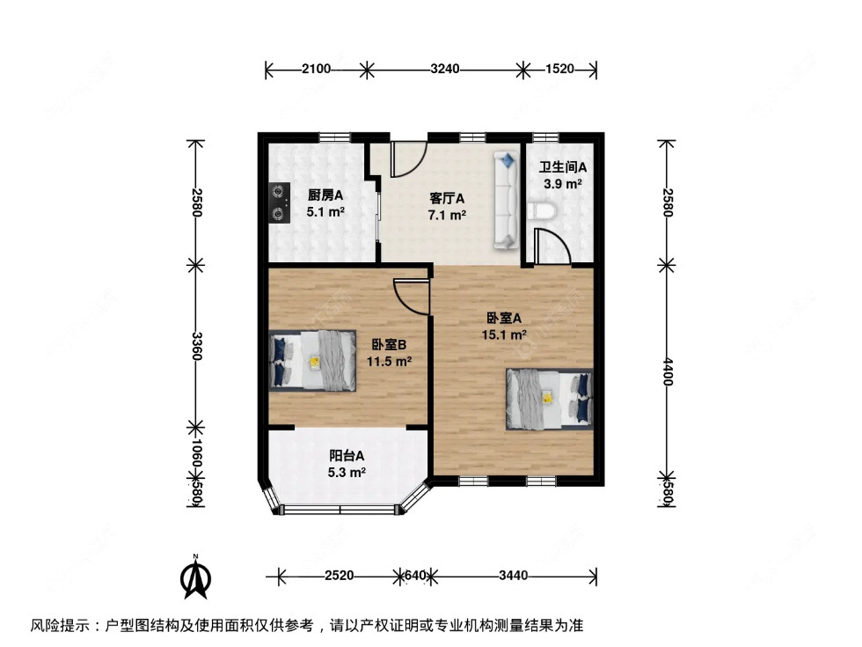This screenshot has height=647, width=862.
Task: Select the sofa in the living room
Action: pyautogui.click(x=506, y=200)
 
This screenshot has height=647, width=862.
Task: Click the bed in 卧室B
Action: pyautogui.click(x=312, y=360)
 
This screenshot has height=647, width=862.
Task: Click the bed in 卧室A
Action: pyautogui.click(x=548, y=398)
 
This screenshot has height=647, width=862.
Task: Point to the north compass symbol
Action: pyautogui.click(x=195, y=577)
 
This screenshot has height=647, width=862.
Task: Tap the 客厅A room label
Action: pyautogui.click(x=446, y=198)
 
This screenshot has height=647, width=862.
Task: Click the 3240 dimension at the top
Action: pyautogui.click(x=445, y=69)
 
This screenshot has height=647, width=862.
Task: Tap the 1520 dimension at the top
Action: pyautogui.click(x=559, y=69)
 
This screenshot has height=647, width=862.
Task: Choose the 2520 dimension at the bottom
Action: pyautogui.click(x=339, y=577)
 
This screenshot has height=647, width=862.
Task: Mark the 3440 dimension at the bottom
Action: pyautogui.click(x=513, y=577)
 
